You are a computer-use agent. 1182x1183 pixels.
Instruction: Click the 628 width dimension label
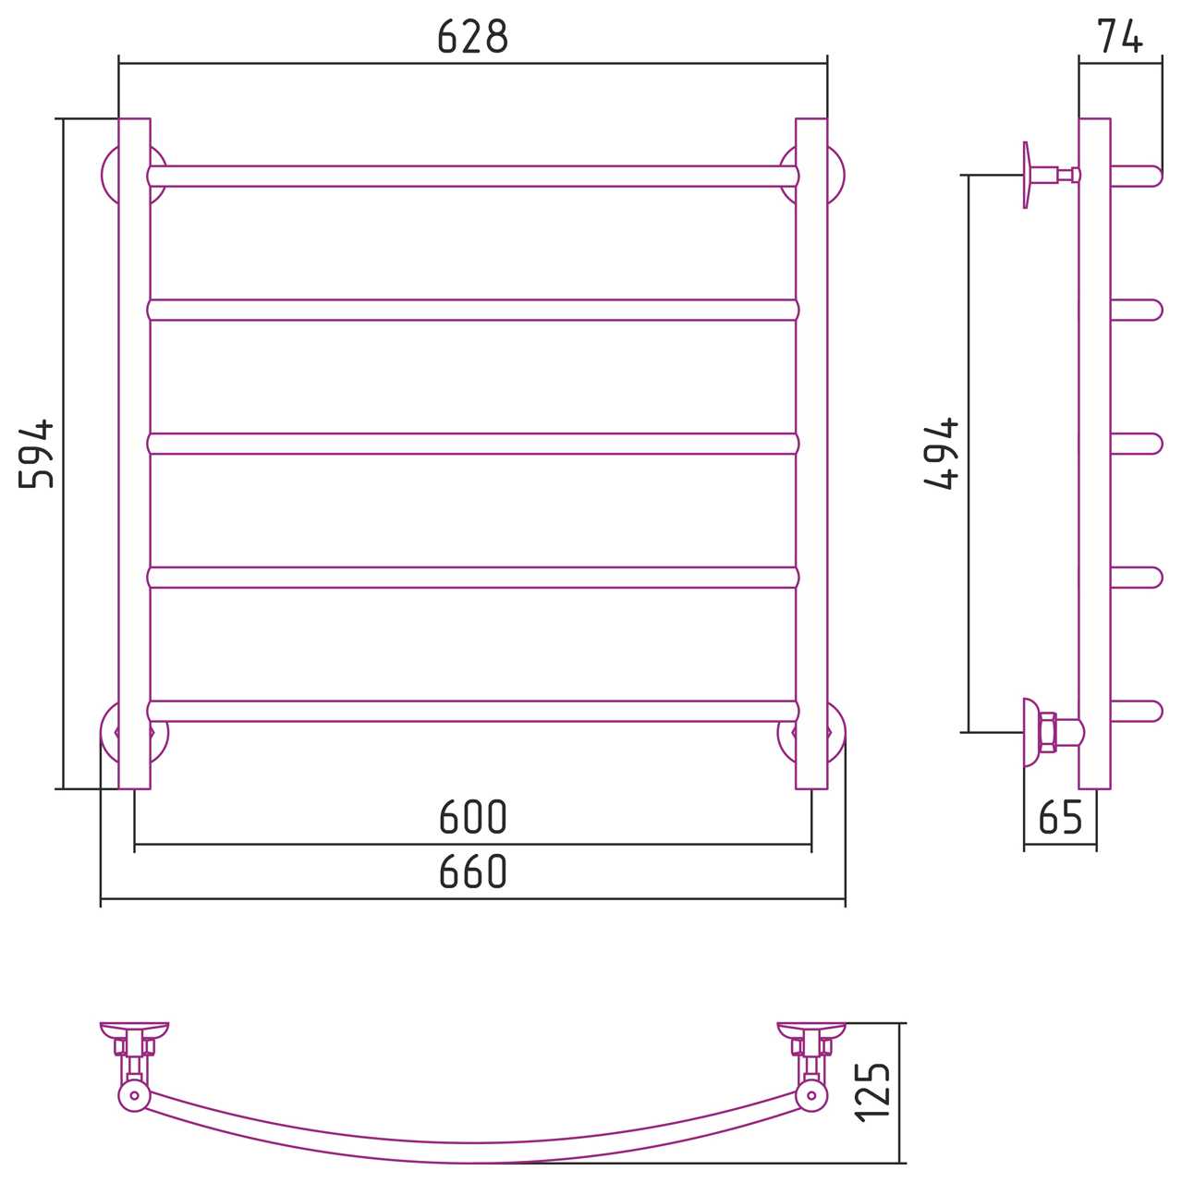(472, 36)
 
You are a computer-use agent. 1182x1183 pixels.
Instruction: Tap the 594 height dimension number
(36, 454)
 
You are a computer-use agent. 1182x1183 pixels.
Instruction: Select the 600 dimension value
(472, 817)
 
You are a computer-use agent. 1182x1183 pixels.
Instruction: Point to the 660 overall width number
(472, 872)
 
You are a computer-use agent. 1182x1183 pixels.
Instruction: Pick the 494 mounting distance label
(942, 454)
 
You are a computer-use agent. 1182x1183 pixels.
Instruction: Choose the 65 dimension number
(1060, 817)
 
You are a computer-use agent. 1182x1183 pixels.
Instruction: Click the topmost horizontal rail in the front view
(473, 177)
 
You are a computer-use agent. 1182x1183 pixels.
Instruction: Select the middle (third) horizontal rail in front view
(473, 444)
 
